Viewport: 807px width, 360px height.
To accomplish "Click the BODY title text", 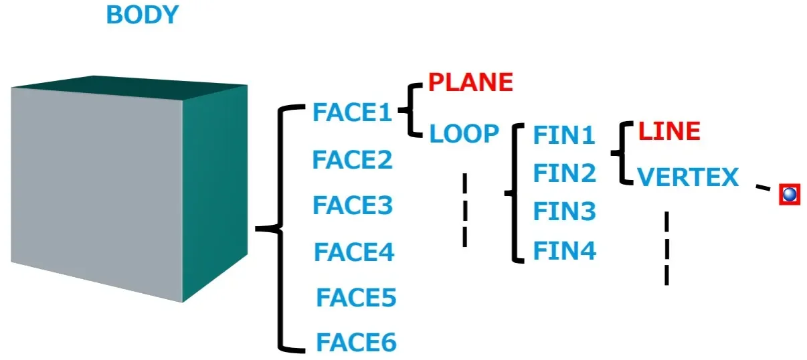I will coord(142,15).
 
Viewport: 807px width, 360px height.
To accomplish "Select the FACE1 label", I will coord(352,113).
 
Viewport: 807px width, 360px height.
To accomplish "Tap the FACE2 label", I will coord(352,161).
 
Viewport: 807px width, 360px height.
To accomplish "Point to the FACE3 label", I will coord(352,205).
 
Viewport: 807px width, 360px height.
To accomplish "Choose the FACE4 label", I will coord(354,252).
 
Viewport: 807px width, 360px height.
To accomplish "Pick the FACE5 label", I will coord(356,298).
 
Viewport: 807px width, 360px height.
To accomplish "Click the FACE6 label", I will coord(356,343).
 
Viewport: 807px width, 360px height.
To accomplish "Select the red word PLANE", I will coord(470,82).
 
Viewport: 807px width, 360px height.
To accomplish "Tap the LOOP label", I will coord(464,134).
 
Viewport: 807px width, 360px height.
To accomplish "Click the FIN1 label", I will coord(563,136).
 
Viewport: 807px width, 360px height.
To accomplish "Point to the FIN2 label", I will coord(563,173).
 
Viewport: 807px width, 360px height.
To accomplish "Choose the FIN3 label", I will coord(563,211).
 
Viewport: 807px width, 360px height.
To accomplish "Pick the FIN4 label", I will coord(563,252).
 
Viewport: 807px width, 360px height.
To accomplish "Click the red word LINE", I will coord(668,131).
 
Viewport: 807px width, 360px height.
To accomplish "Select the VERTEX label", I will coord(687,177).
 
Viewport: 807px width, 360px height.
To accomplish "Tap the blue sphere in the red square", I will coord(790,195).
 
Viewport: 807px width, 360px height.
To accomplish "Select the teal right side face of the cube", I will coord(214,194).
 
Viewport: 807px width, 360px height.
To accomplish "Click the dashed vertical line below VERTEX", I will coord(666,248).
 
